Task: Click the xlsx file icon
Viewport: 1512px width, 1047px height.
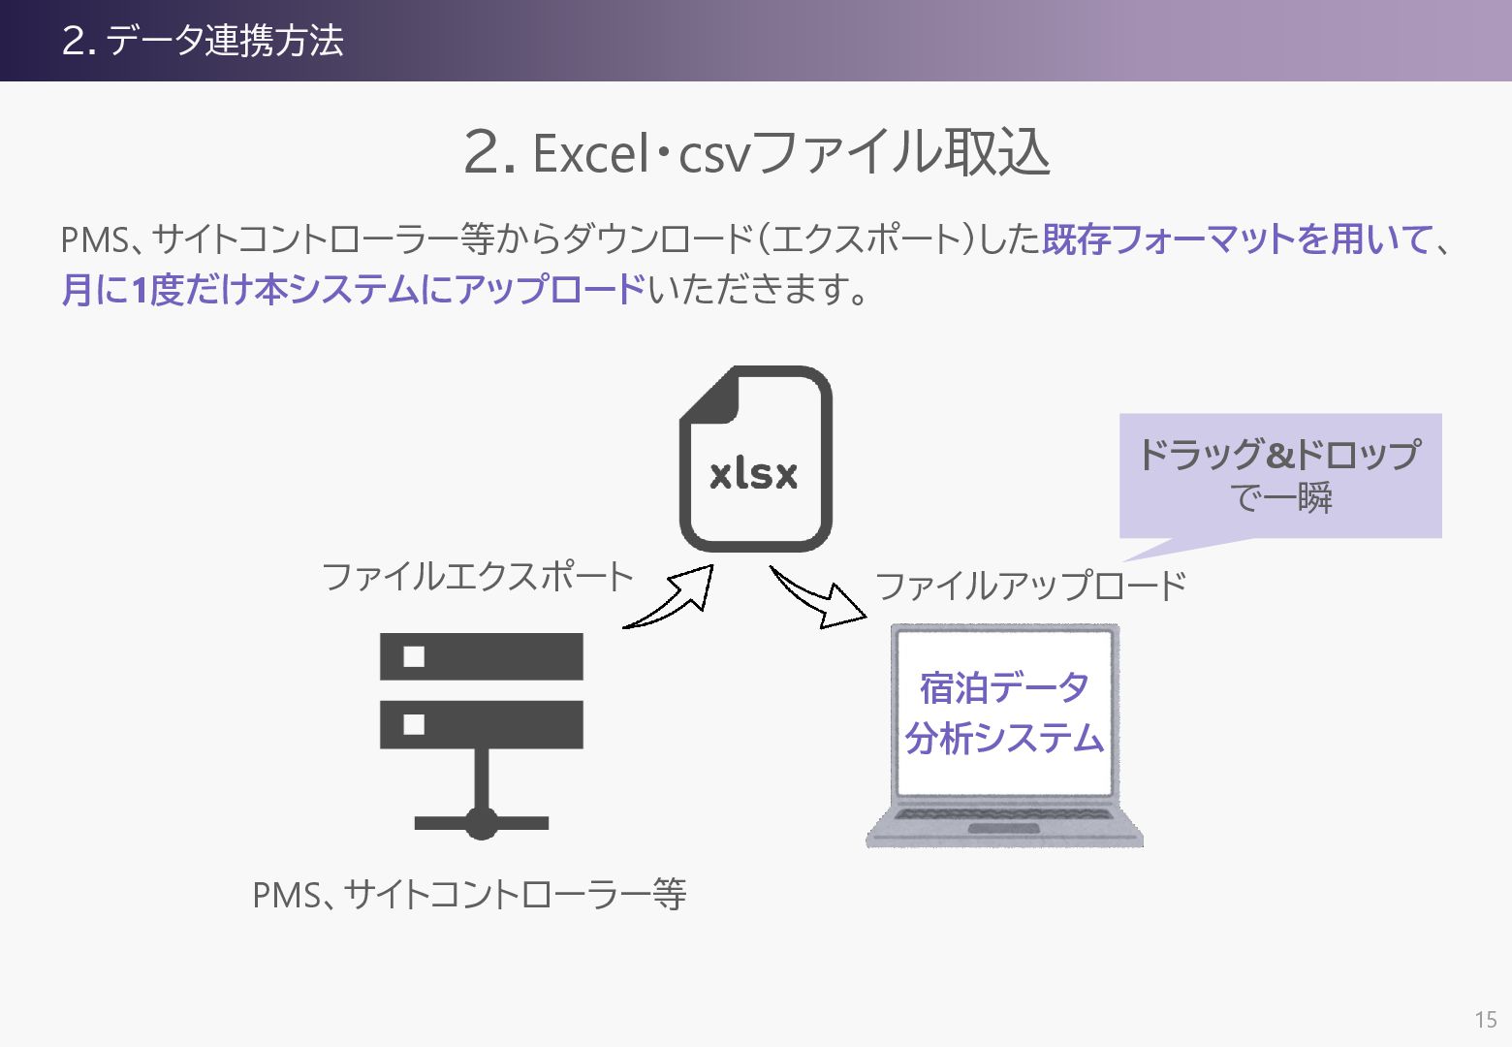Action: click(756, 459)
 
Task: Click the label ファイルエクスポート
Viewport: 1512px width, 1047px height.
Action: click(477, 577)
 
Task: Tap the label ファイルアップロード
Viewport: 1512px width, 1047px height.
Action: click(1030, 586)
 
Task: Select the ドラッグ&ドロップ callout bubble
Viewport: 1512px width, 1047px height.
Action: click(1279, 476)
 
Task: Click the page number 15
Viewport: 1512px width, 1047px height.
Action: click(1486, 1019)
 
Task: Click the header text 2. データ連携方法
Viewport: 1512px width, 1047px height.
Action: click(203, 41)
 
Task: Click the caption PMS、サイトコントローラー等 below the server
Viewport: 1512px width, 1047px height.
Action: click(469, 894)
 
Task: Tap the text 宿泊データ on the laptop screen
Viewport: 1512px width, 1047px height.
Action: click(1005, 687)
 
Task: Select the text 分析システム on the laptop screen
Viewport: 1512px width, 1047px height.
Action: click(1005, 739)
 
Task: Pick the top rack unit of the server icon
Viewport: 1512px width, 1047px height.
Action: click(482, 656)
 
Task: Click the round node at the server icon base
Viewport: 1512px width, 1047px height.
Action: click(482, 824)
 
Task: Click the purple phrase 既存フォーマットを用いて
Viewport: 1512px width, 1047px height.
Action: click(1237, 238)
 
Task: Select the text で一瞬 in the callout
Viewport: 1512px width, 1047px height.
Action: click(1280, 498)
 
